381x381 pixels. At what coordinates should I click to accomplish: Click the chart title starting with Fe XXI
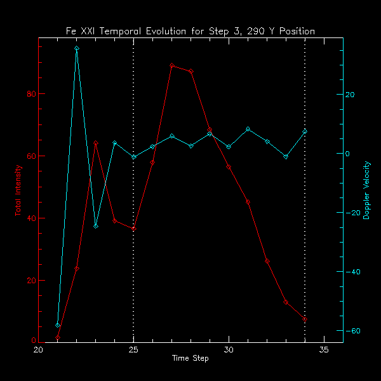tap(190, 31)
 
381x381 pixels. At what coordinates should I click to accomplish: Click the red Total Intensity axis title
tap(18, 190)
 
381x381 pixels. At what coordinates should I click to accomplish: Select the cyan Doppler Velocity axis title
tap(366, 190)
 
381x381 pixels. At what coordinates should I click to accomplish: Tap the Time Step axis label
tap(190, 359)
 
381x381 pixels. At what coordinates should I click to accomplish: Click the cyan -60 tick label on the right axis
tap(352, 331)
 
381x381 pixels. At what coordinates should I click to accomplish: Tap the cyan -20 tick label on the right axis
tap(352, 213)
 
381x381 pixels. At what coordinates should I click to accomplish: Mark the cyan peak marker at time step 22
tap(77, 48)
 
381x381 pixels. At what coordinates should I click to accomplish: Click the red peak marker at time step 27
tap(171, 65)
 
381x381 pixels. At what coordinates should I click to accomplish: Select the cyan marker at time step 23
tap(96, 226)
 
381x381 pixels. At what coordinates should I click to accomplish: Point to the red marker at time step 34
tap(305, 319)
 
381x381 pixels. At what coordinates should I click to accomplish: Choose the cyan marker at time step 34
tap(305, 131)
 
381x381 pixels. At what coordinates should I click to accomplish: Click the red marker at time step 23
tap(96, 144)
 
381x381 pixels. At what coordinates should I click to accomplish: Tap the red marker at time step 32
tap(267, 261)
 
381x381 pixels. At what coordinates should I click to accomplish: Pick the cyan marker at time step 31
tap(248, 129)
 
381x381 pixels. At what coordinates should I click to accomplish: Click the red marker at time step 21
tap(58, 338)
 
